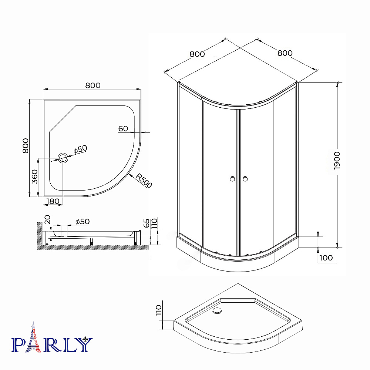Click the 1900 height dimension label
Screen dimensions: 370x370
337,161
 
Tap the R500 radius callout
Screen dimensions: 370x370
144,181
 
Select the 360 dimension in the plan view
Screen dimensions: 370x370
34,176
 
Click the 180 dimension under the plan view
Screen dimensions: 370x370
53,201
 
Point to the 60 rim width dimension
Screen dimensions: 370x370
123,129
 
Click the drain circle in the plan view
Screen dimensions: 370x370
63,158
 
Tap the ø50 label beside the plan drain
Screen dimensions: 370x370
80,149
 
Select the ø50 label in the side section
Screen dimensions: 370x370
83,222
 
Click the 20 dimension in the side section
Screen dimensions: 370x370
47,219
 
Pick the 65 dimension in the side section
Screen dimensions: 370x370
147,223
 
